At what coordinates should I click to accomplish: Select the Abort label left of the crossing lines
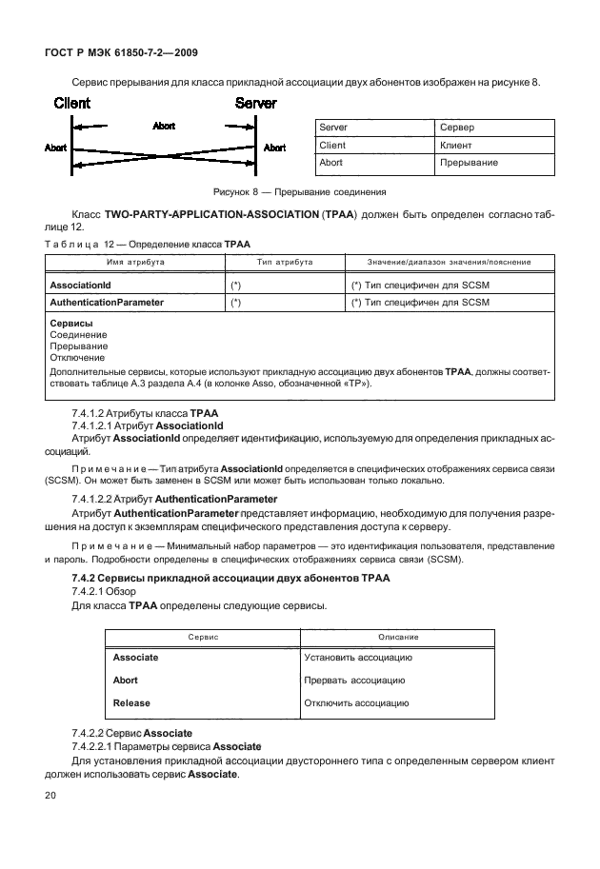pos(56,148)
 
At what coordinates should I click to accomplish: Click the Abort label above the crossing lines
pos(164,126)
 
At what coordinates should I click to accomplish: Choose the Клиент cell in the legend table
pos(456,146)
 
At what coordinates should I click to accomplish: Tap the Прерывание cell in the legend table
pos(469,163)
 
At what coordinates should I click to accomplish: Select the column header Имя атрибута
pos(134,262)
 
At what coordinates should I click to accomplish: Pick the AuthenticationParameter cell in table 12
pos(106,303)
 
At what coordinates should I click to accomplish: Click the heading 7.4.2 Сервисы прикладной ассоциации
pos(227,580)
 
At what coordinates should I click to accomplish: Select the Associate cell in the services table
pos(136,658)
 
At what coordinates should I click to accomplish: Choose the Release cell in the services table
pos(132,703)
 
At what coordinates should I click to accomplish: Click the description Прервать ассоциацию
pos(354,681)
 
